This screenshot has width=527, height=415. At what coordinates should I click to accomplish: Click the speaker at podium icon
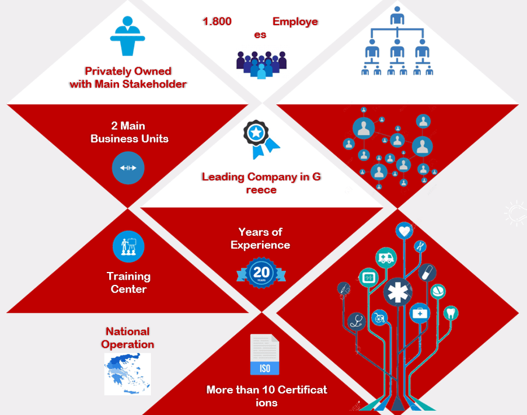point(127,36)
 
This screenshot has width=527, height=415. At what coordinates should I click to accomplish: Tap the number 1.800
point(217,22)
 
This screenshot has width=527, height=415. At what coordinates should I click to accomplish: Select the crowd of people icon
point(261,65)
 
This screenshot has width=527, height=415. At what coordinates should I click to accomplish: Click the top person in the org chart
point(397,15)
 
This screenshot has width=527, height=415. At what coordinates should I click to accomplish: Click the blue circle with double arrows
point(128,168)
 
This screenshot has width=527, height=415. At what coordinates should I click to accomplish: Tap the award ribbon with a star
point(261,139)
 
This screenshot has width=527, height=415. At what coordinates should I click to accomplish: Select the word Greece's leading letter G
point(316,177)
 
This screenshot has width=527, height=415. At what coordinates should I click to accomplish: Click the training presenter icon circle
point(129,247)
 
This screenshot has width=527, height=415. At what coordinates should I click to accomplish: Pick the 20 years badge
point(261,273)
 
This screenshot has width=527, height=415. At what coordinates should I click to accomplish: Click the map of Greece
point(127,374)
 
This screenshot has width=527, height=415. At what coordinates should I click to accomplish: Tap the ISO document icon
point(265,354)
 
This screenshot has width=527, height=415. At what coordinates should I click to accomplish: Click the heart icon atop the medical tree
point(404,231)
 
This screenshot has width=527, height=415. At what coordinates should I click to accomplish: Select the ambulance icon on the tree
point(386,258)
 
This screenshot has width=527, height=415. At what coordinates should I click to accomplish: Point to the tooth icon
point(451,313)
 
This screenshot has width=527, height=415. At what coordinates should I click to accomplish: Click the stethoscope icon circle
point(356,321)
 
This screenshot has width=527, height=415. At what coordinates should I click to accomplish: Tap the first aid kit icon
point(420,313)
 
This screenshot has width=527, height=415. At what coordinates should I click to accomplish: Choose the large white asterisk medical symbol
point(398,292)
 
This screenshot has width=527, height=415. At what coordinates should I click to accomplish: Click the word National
point(128,332)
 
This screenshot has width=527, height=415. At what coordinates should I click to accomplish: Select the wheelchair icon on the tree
point(379,318)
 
